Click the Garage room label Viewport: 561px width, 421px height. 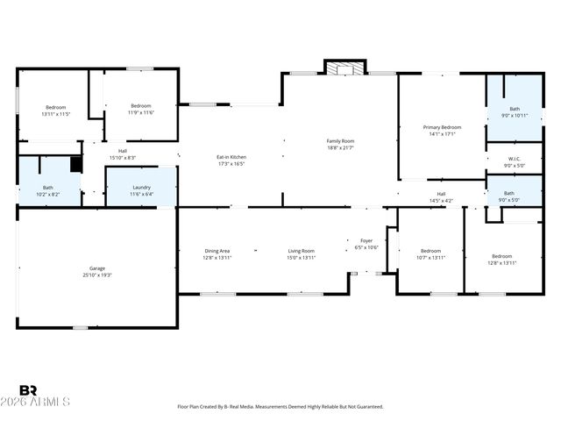pyautogui.click(x=96, y=268)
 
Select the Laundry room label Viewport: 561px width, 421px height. pyautogui.click(x=141, y=187)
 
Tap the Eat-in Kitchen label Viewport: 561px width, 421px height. pyautogui.click(x=231, y=157)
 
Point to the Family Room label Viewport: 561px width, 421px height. pyautogui.click(x=340, y=140)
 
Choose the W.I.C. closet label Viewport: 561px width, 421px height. pyautogui.click(x=514, y=159)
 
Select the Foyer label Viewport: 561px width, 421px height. pyautogui.click(x=367, y=241)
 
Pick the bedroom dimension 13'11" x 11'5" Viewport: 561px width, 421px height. pyautogui.click(x=55, y=113)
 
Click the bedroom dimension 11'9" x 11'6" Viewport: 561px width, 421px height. pyautogui.click(x=141, y=112)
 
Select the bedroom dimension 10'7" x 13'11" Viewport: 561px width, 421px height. pyautogui.click(x=430, y=258)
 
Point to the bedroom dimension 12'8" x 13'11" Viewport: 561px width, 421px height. pyautogui.click(x=502, y=262)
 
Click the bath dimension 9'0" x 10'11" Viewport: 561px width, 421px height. pyautogui.click(x=514, y=116)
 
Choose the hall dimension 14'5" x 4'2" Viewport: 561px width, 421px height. pyautogui.click(x=441, y=201)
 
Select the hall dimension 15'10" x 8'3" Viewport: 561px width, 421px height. pyautogui.click(x=123, y=157)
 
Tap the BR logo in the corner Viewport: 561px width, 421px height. pyautogui.click(x=28, y=390)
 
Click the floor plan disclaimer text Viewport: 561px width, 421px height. pyautogui.click(x=280, y=406)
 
